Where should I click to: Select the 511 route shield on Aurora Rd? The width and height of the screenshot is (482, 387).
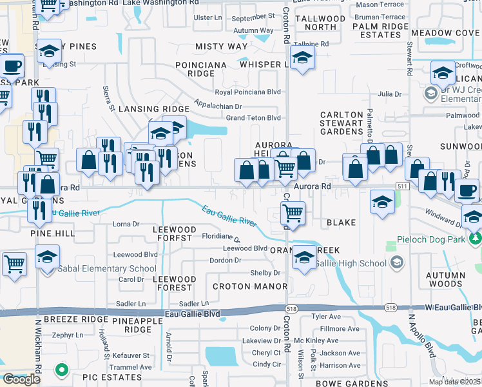[403, 186]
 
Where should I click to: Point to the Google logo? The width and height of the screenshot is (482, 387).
[21, 379]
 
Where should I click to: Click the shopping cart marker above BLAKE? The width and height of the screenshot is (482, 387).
[293, 212]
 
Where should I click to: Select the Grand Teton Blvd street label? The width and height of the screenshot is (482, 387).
[253, 118]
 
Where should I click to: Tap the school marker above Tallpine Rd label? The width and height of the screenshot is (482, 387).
[301, 59]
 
